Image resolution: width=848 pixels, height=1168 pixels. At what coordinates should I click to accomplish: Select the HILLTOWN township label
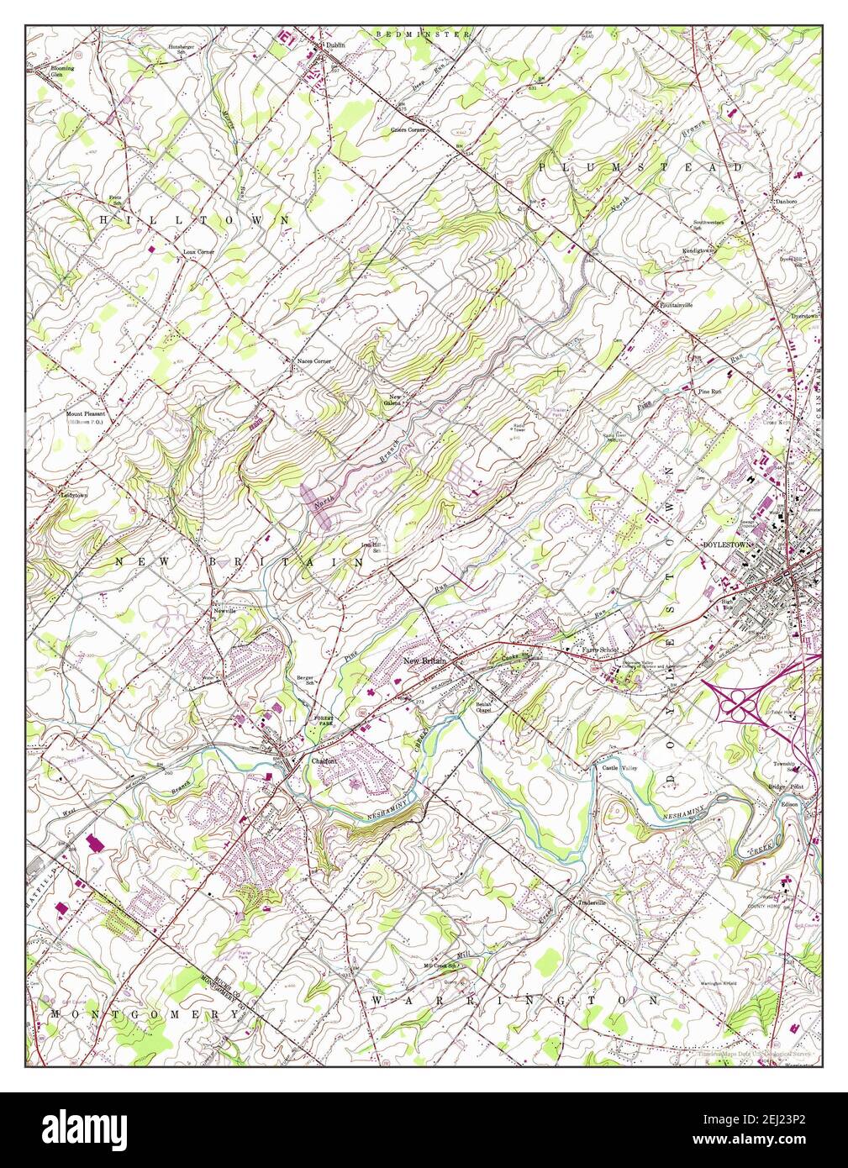coord(195,219)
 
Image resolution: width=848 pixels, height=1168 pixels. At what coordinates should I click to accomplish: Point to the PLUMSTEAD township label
coord(641,168)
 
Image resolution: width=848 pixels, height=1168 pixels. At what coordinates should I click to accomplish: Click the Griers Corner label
coord(408,130)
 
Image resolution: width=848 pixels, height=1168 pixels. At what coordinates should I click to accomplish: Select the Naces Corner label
coord(313,361)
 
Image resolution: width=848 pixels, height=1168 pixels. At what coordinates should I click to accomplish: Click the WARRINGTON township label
coord(514,1001)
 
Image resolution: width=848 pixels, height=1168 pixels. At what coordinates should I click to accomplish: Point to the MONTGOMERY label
coord(144,1014)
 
